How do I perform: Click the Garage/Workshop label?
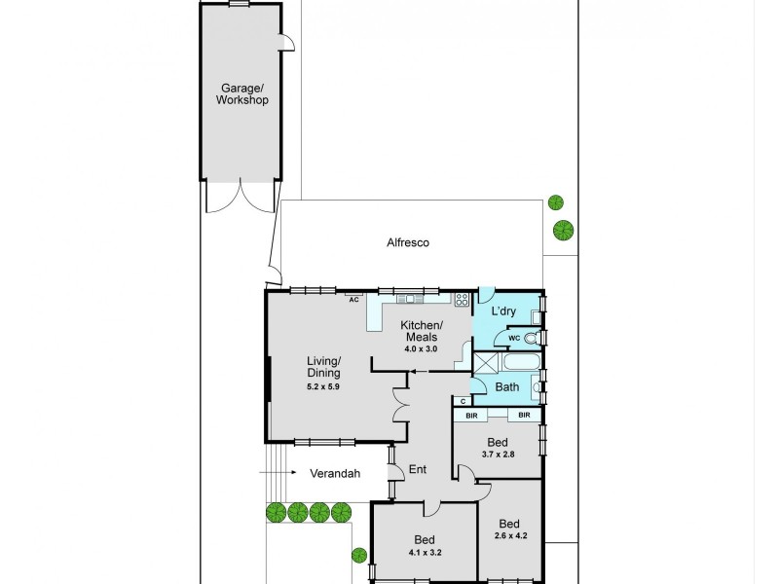click(x=241, y=92)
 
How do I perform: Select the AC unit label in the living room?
click(x=353, y=300)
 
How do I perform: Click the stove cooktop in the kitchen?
click(x=463, y=300)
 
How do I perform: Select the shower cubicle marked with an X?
click(x=484, y=365)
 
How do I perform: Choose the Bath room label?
click(x=506, y=387)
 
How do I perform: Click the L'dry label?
click(x=502, y=311)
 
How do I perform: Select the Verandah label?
click(x=335, y=474)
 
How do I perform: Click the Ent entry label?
click(x=417, y=470)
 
